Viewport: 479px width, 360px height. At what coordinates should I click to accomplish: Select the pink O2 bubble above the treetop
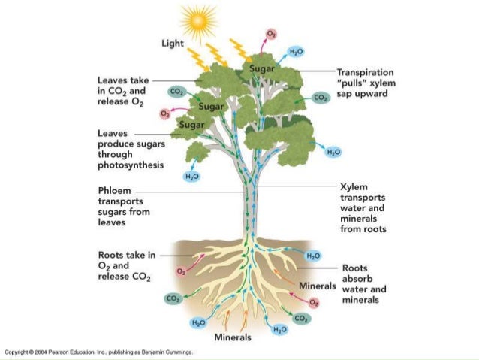coord(271,34)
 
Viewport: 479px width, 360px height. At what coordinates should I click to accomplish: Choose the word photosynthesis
coord(131,165)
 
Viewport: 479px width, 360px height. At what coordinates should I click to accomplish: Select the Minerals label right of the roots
coord(319,286)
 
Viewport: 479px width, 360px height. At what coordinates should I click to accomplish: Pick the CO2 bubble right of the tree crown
coord(320,98)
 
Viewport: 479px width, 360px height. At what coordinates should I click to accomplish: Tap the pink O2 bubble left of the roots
coord(181,270)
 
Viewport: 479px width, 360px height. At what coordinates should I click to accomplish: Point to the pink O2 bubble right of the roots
coord(314,302)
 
